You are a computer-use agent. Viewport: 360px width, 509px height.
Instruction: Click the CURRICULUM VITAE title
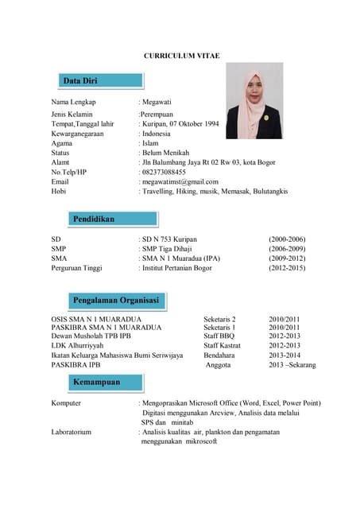(181, 56)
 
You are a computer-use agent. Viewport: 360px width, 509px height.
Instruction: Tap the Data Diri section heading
(79, 81)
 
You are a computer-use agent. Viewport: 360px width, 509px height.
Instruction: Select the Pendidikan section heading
(94, 218)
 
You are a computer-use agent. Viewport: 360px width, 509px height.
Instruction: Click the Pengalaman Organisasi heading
(116, 300)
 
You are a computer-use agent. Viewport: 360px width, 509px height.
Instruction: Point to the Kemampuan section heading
(97, 382)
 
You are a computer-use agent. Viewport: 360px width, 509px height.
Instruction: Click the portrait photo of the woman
(254, 100)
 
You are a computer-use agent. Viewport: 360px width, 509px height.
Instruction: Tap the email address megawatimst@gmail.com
(180, 181)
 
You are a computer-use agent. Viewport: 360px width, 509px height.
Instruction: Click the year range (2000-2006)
(288, 239)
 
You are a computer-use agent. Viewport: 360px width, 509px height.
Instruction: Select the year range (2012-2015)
(288, 268)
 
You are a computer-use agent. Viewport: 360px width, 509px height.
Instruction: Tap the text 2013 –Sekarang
(292, 365)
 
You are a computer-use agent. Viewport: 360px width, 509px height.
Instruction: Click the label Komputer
(66, 403)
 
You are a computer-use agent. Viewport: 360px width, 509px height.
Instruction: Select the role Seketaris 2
(220, 318)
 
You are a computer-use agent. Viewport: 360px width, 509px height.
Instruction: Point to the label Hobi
(59, 191)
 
